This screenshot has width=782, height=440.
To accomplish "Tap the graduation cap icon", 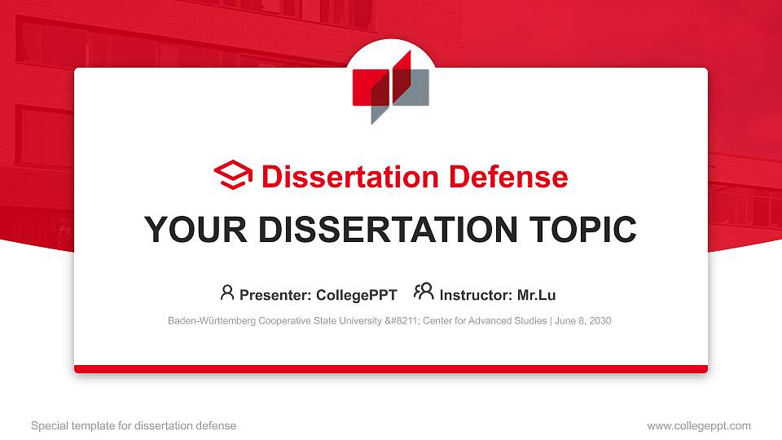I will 233,176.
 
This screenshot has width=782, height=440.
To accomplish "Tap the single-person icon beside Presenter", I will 227,292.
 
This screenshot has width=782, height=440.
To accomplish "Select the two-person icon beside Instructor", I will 424,292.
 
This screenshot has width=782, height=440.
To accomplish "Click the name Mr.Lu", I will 536,295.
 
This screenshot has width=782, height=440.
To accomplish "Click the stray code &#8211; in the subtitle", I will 397,321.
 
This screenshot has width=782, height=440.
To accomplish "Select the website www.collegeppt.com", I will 699,425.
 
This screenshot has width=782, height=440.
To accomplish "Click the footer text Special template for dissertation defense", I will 134,425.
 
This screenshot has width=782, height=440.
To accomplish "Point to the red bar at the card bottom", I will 391,369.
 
